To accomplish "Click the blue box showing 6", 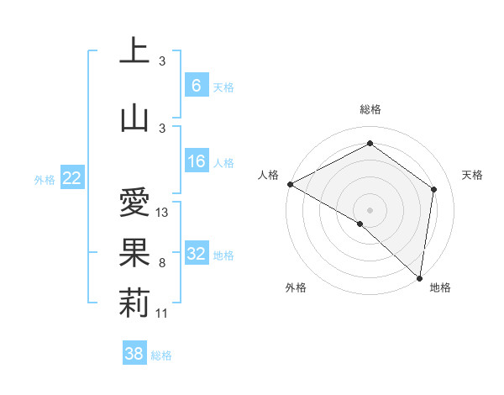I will (196, 85).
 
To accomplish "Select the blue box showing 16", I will (196, 161).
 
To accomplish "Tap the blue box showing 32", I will (196, 254).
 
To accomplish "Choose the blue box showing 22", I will (71, 178).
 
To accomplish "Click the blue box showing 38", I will (134, 354).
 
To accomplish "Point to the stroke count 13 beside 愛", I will (163, 213).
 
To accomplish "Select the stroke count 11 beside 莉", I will (163, 313).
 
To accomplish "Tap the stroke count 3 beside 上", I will (161, 61).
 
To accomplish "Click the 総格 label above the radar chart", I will (370, 110).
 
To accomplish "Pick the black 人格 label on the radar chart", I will (269, 175).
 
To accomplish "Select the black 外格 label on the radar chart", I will (296, 288).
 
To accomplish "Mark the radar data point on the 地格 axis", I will (419, 277).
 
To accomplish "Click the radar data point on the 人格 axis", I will (290, 184).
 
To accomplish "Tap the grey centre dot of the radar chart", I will (370, 209).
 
